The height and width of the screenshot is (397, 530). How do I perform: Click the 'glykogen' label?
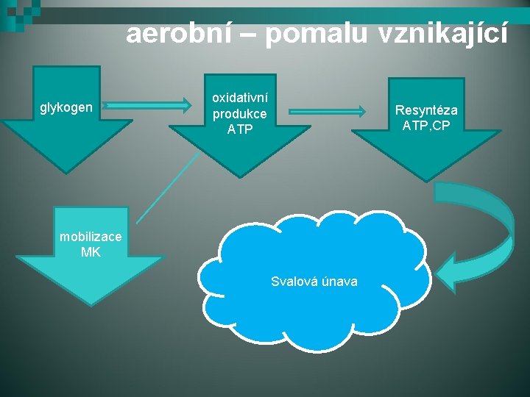coord(66,108)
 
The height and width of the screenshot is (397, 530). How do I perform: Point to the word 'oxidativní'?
coord(240,98)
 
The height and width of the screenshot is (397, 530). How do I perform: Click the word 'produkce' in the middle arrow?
coord(240,114)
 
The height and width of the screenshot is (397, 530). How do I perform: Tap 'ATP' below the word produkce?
coord(240,130)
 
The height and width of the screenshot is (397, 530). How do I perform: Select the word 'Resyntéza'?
coord(426,110)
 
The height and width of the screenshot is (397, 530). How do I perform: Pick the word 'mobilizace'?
coord(85,237)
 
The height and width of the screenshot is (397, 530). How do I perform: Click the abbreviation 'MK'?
coord(91,252)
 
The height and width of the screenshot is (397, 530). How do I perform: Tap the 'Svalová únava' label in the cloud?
coord(314,282)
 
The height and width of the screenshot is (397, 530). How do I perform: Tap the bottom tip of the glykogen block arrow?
coord(66,171)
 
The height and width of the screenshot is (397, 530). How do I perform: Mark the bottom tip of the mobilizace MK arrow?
coord(90,304)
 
